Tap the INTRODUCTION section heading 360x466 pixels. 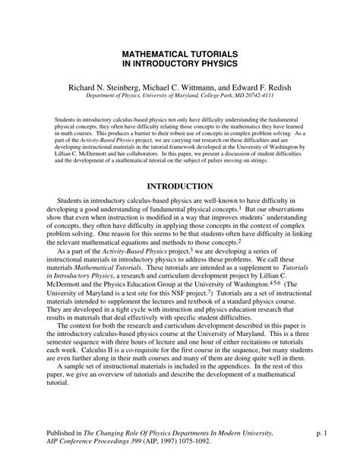click(180, 185)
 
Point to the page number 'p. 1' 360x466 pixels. click(322, 433)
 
